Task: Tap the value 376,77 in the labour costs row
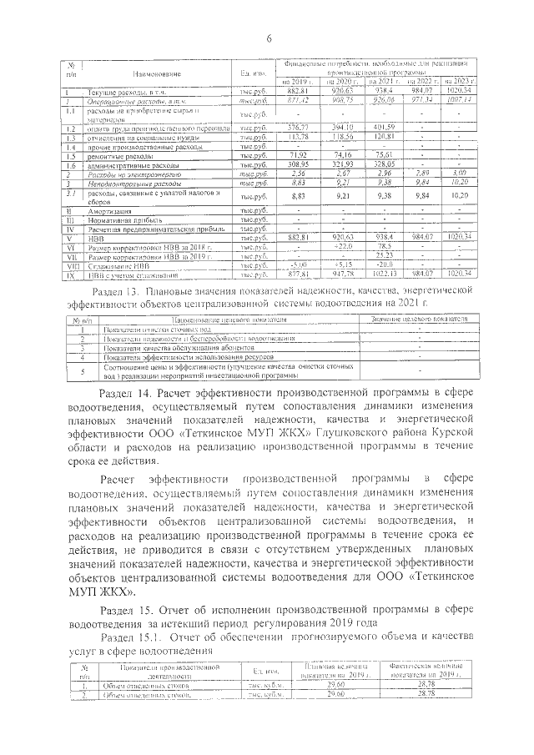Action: (x=298, y=128)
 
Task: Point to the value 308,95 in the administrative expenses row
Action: (x=298, y=165)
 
